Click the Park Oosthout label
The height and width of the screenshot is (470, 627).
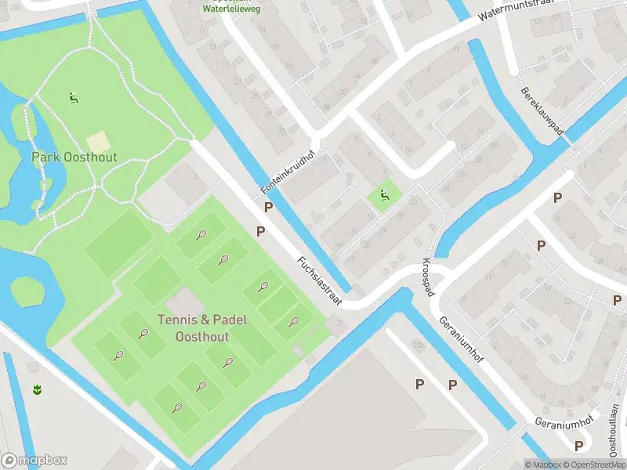pyautogui.click(x=74, y=157)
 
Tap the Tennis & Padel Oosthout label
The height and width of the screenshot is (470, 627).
pyautogui.click(x=203, y=327)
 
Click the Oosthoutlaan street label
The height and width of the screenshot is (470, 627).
pyautogui.click(x=613, y=432)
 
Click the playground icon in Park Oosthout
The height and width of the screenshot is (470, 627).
pyautogui.click(x=73, y=99)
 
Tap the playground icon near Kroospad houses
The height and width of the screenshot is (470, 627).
pyautogui.click(x=384, y=196)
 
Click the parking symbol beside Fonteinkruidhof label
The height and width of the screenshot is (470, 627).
pyautogui.click(x=269, y=208)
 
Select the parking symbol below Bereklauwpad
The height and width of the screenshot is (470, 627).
pyautogui.click(x=557, y=198)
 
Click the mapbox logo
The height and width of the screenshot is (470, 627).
pyautogui.click(x=34, y=461)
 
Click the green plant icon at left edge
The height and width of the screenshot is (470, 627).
pyautogui.click(x=36, y=389)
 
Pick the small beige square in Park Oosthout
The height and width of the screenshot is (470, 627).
pyautogui.click(x=98, y=143)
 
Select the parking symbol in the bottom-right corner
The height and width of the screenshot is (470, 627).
pyautogui.click(x=579, y=446)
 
